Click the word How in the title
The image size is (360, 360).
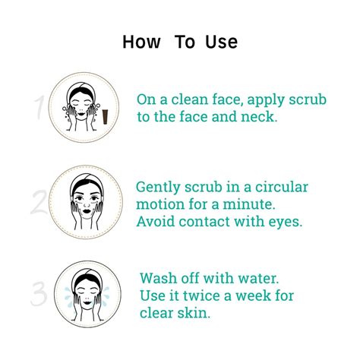(x=143, y=43)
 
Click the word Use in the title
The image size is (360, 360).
(x=220, y=43)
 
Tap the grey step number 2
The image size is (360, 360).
(x=38, y=204)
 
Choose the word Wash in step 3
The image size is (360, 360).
(x=158, y=277)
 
